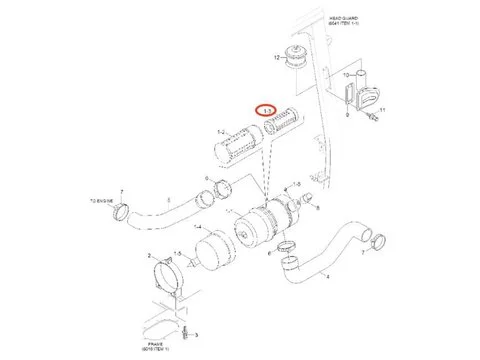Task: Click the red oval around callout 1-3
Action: tap(266, 111)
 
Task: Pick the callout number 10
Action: tap(345, 75)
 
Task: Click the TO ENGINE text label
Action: tap(103, 199)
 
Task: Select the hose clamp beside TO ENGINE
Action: tap(122, 211)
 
